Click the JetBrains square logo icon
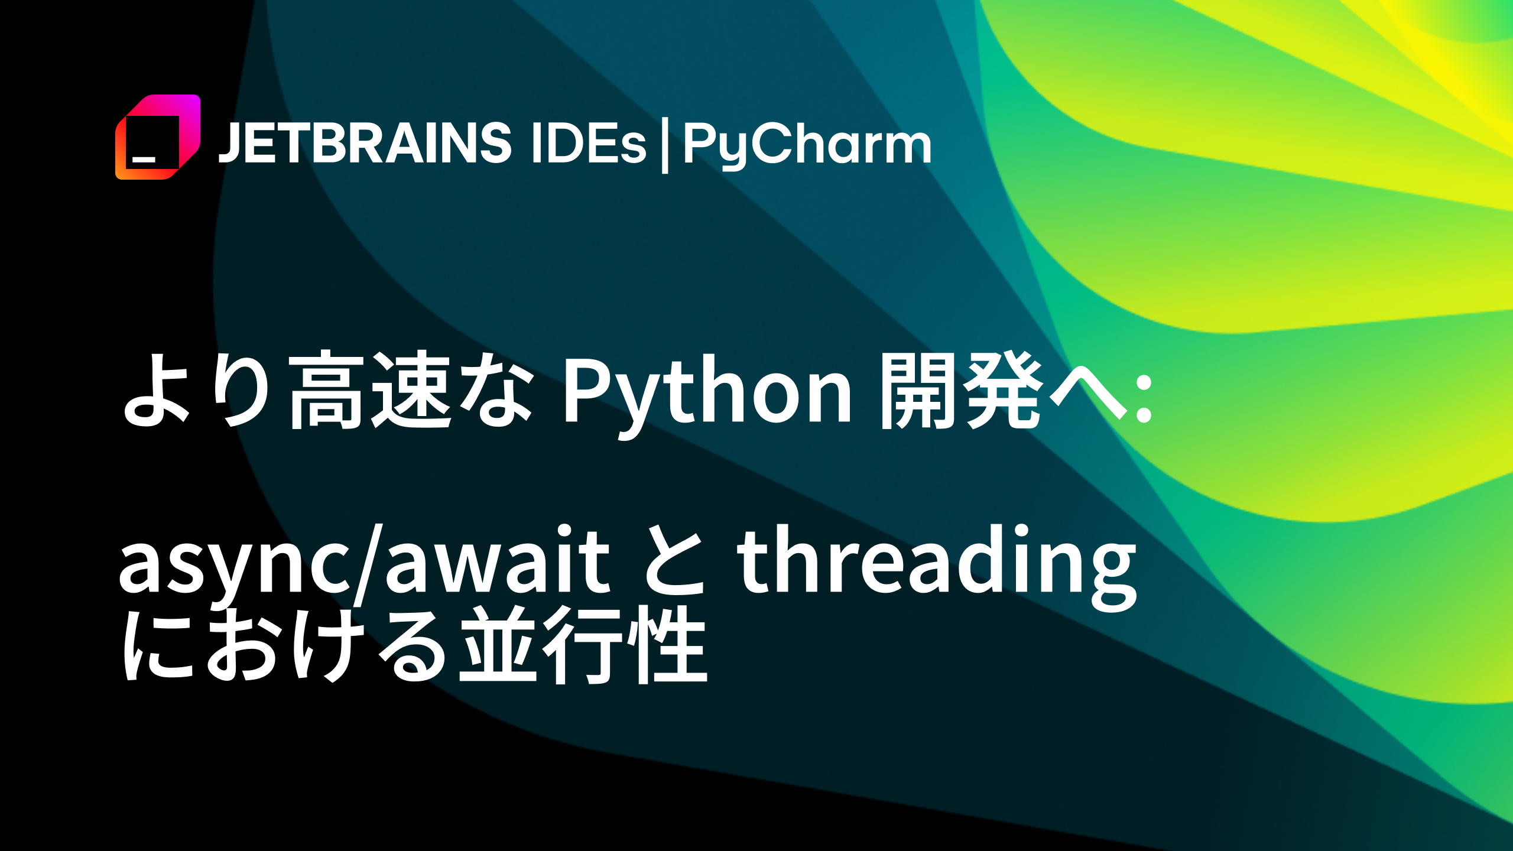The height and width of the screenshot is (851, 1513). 157,137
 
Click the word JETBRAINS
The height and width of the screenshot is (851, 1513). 365,143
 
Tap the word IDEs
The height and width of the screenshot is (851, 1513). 589,143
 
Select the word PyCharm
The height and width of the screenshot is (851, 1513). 807,145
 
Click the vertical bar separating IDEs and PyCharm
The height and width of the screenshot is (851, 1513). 665,145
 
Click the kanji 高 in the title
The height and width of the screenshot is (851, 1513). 326,390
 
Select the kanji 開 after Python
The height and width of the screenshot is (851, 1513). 918,390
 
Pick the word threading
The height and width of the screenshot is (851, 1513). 937,564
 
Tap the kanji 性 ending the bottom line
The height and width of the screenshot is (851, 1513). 668,644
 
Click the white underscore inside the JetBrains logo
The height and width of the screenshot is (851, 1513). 144,159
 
